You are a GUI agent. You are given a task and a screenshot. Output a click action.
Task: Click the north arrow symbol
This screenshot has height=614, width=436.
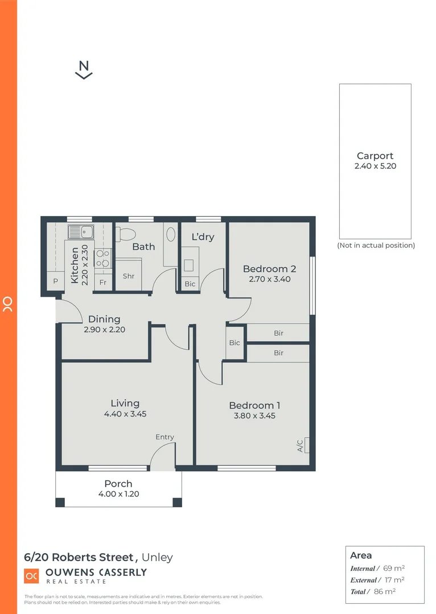click(84, 69)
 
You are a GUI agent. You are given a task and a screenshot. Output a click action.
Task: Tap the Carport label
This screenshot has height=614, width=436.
click(375, 156)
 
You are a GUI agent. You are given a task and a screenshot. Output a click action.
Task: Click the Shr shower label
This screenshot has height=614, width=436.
click(129, 276)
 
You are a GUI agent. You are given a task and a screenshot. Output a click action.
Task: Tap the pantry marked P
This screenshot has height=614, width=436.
click(56, 281)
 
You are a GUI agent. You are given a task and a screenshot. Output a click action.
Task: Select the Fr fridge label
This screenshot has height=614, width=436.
click(103, 283)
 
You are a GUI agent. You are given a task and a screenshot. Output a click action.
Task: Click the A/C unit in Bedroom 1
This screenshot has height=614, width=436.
click(307, 445)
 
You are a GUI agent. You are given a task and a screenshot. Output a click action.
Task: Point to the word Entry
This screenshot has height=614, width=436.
click(164, 437)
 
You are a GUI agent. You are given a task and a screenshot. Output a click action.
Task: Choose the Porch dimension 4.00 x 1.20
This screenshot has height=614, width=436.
click(118, 494)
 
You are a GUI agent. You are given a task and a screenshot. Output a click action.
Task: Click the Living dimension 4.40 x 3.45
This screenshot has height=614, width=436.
click(125, 414)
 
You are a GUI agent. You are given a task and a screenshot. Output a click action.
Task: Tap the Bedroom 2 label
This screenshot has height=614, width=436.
click(269, 269)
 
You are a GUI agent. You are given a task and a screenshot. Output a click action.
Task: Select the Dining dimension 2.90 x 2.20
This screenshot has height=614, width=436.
click(104, 329)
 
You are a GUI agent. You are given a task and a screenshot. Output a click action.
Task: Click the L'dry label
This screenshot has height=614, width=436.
click(203, 237)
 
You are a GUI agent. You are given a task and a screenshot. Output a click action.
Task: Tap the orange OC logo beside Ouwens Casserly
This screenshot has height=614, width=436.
click(31, 575)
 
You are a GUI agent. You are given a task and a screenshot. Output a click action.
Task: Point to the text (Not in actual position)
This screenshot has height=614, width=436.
click(376, 246)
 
